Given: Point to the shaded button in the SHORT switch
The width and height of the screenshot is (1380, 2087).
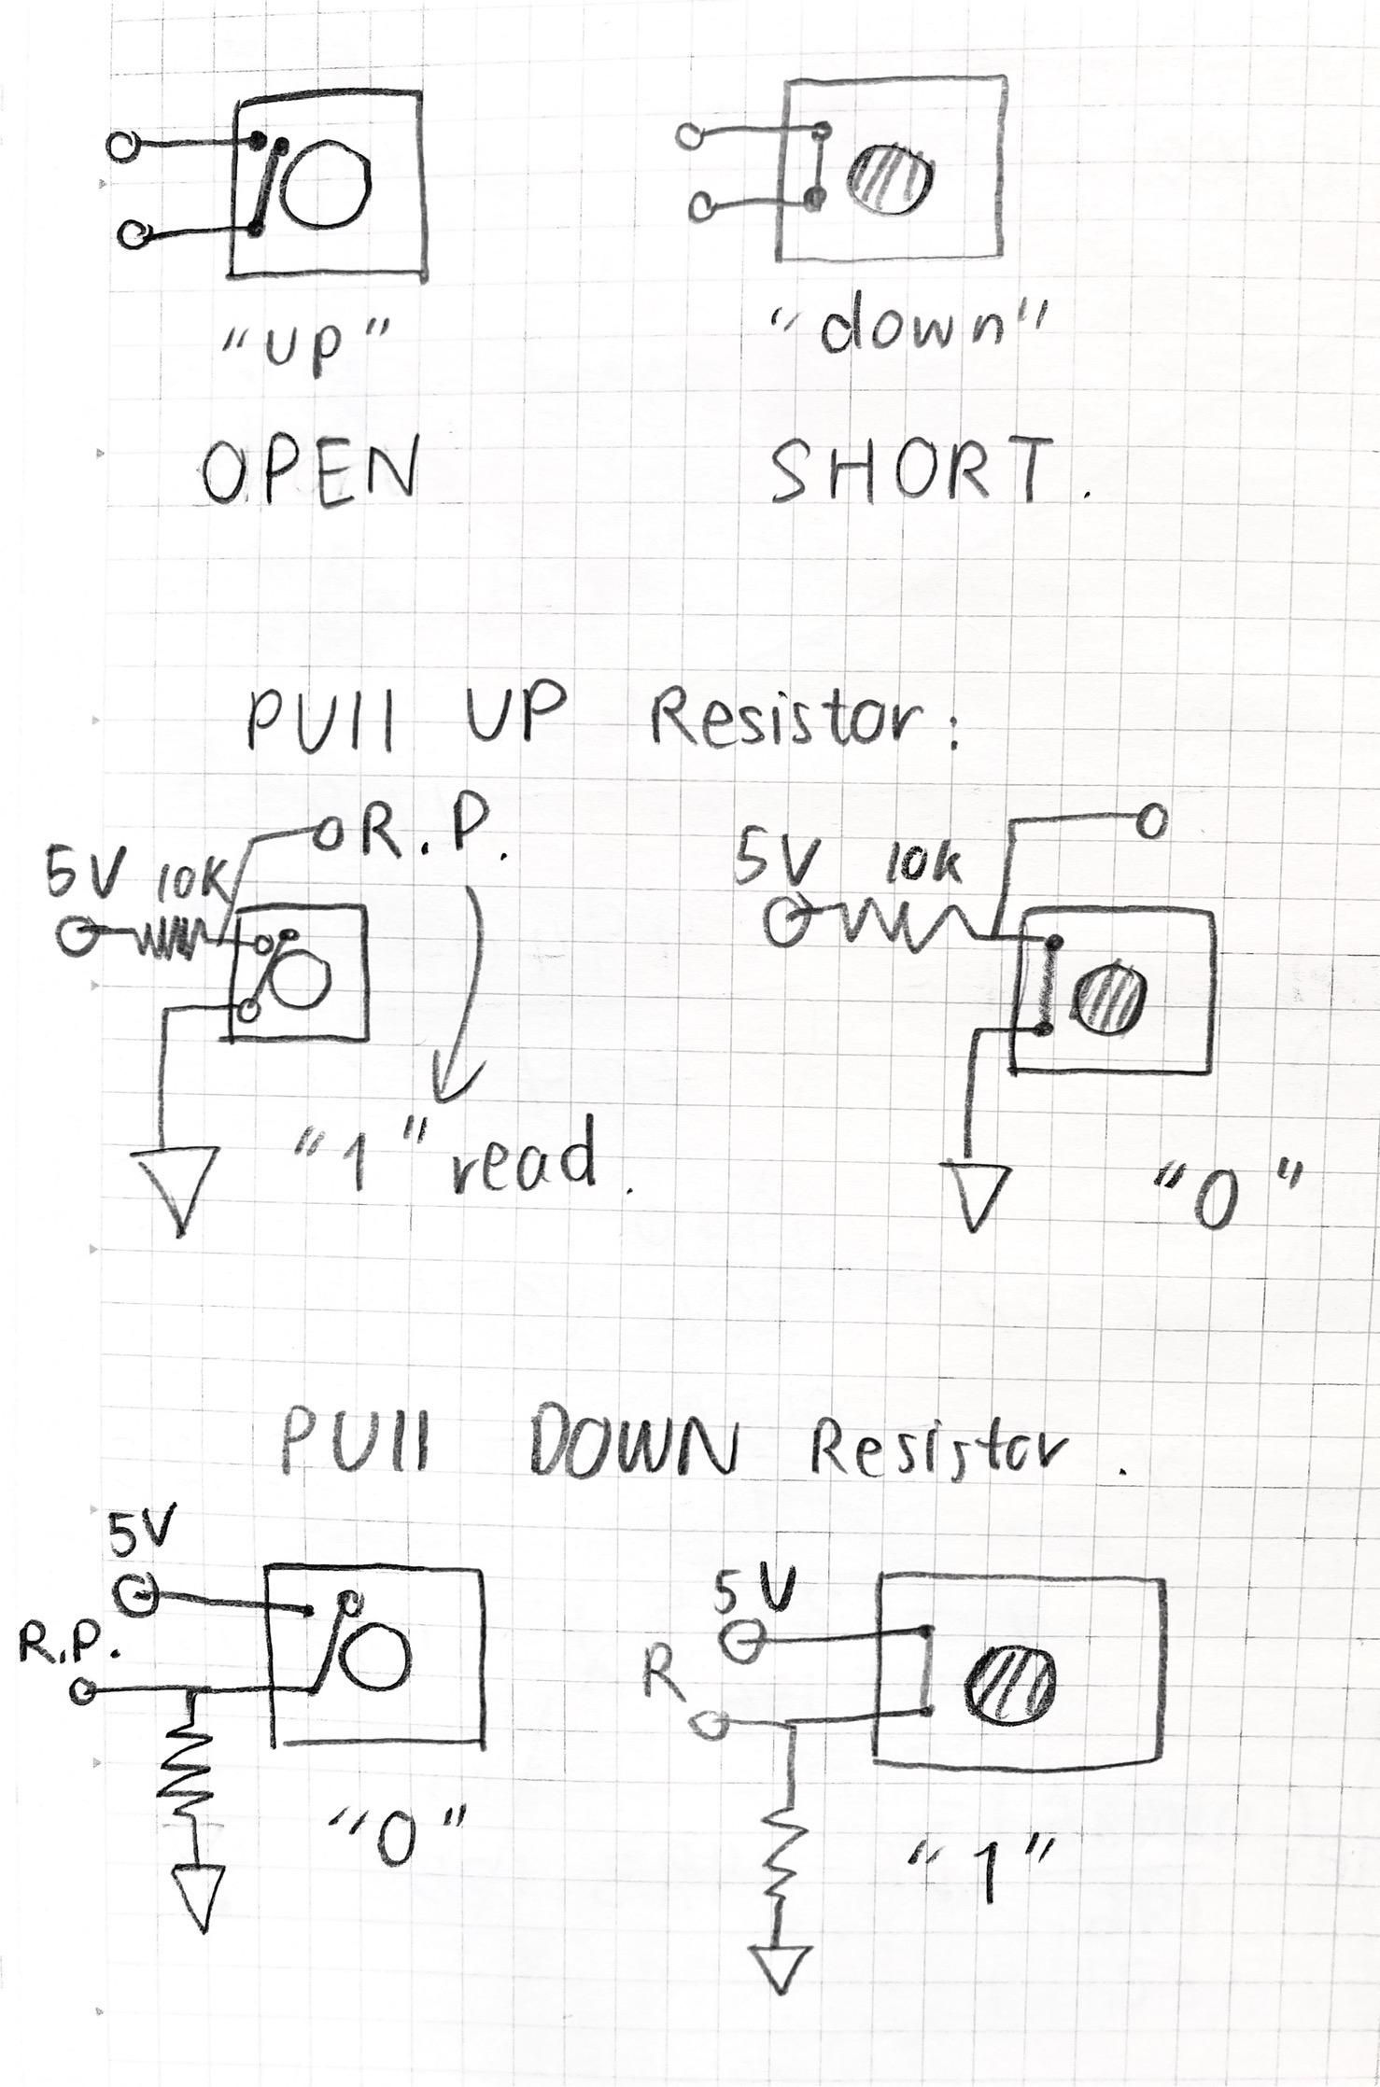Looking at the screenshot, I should [891, 177].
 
